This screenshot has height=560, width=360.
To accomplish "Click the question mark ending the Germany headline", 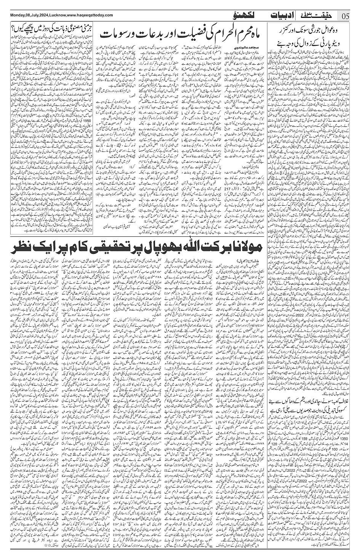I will (13, 28).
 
